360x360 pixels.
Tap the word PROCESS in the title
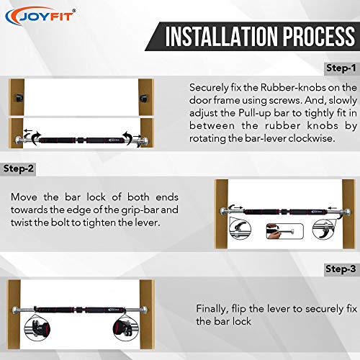[318, 36]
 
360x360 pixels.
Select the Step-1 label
[341, 68]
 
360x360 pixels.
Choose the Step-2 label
[19, 168]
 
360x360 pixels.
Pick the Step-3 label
[341, 269]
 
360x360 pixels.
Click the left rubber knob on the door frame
[19, 98]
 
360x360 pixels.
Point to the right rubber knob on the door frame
[143, 98]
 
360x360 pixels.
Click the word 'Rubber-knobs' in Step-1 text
[293, 88]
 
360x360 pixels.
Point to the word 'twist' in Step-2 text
[21, 222]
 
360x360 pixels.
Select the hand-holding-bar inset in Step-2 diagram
[285, 231]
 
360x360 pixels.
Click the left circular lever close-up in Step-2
[240, 230]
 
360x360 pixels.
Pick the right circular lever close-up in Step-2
[323, 230]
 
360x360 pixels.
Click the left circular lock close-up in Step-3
[37, 328]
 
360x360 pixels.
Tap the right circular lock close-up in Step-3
[125, 328]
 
